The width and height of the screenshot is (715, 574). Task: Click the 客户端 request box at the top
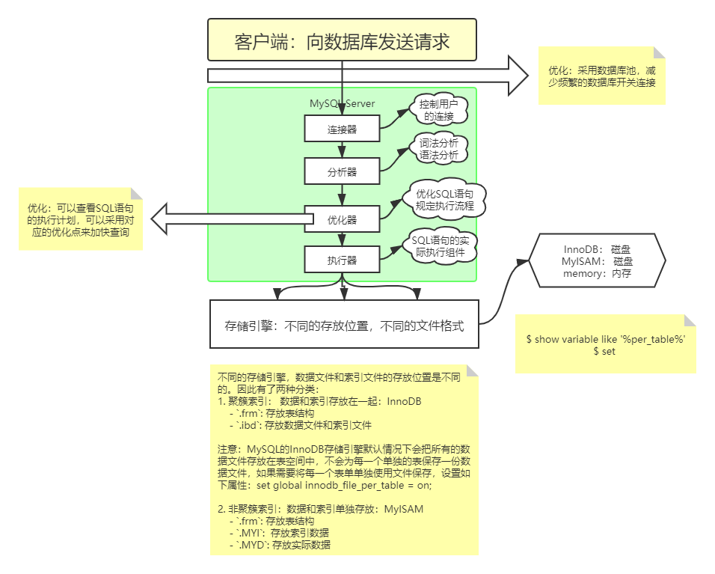click(342, 40)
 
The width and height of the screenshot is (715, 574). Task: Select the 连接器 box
click(342, 129)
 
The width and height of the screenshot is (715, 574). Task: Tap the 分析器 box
click(342, 171)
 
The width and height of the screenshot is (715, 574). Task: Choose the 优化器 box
click(342, 219)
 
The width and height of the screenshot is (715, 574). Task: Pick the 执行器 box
click(342, 260)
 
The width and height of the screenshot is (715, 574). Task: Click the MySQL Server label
click(342, 103)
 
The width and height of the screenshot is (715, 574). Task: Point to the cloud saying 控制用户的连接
click(438, 111)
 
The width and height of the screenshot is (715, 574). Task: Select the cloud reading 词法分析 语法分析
click(438, 149)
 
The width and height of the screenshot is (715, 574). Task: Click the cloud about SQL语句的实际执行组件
click(444, 247)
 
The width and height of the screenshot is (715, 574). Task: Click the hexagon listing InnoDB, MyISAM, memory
click(597, 260)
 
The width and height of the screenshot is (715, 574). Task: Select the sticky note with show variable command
click(605, 344)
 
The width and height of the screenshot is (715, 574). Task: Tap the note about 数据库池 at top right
click(601, 76)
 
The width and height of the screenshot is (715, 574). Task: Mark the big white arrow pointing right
click(366, 75)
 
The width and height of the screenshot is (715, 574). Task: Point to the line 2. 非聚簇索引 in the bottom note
click(320, 509)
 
